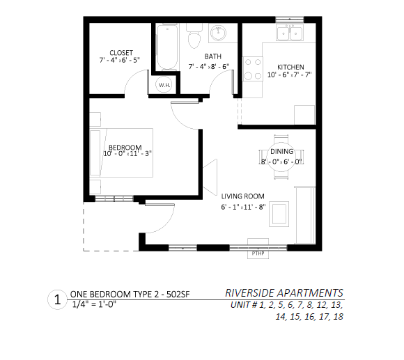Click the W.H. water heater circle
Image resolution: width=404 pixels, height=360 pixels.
point(164,85)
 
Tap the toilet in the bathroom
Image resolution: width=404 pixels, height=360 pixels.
point(194,36)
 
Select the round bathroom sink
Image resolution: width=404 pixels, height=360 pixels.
point(219,33)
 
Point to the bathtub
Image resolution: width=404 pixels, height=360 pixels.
point(167,47)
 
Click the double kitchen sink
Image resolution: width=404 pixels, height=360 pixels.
point(290,33)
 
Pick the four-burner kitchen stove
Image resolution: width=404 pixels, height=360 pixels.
point(253,69)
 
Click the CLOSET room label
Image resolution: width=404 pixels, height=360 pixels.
point(121,53)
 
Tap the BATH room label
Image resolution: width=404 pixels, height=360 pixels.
point(213,56)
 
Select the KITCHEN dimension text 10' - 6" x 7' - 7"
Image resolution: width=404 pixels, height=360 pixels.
point(290,75)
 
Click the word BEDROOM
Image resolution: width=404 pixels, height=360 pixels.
point(125,148)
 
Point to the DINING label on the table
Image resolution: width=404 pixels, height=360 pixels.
point(281,151)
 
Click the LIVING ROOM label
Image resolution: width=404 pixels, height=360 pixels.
point(242,196)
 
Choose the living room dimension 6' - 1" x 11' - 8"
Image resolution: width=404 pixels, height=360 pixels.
point(243,207)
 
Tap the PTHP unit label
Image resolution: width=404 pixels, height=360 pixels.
point(258,253)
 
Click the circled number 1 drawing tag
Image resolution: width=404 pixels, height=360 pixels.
point(57,299)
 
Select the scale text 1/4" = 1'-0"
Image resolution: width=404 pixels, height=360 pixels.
point(94,304)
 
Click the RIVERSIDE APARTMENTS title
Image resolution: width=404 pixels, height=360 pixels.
point(284,293)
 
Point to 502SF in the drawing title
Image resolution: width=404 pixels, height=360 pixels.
point(178,294)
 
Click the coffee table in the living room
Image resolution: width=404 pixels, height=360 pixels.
point(279,214)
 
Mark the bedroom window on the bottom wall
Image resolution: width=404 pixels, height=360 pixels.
point(114,198)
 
